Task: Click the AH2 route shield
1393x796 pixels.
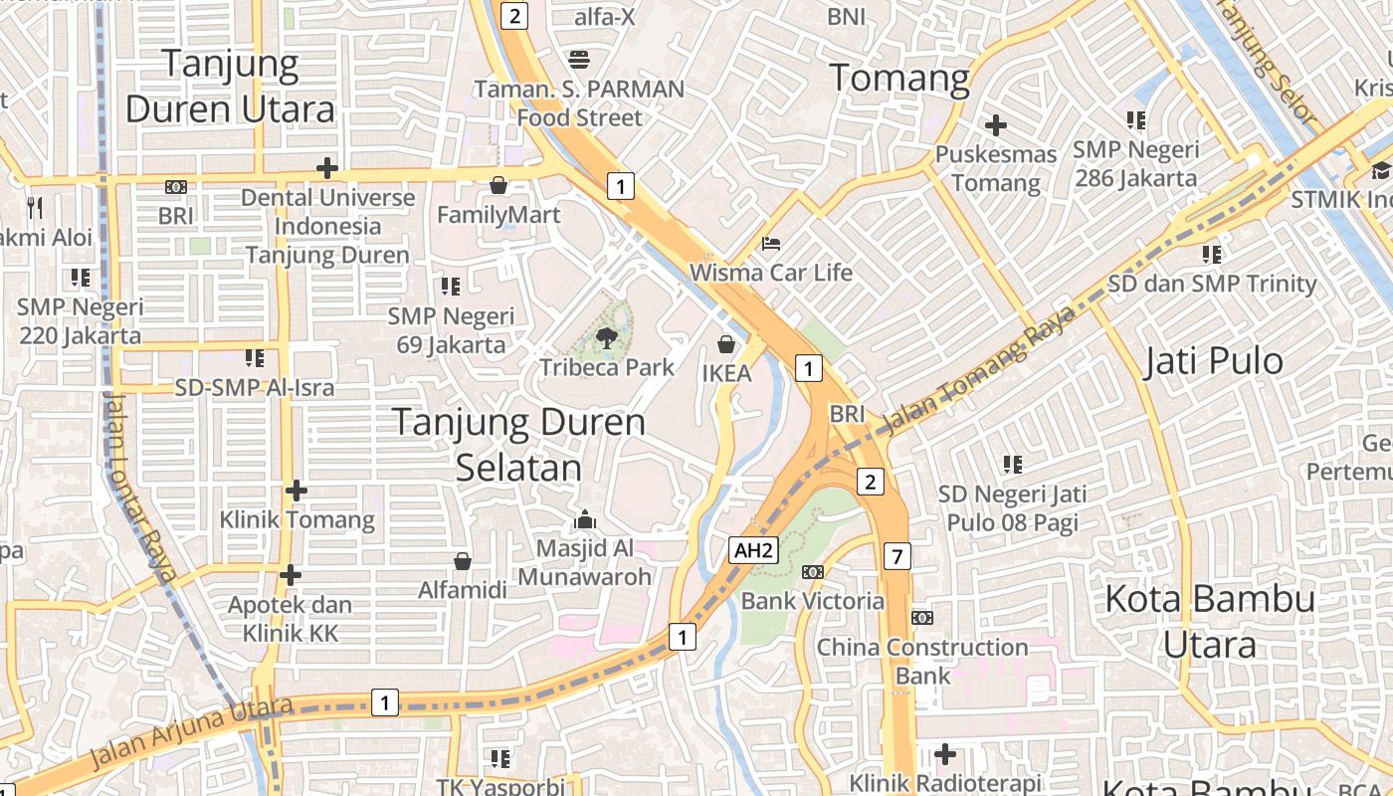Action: click(753, 550)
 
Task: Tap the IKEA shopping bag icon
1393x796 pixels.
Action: click(727, 344)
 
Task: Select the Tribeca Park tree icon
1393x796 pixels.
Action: click(606, 337)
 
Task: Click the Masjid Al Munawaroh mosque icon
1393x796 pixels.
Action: click(585, 519)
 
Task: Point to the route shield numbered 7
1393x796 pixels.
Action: click(896, 556)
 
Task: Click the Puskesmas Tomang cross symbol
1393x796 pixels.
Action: click(995, 125)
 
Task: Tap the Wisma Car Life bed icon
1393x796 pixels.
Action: click(771, 243)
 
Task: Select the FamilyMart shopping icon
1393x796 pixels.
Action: click(498, 185)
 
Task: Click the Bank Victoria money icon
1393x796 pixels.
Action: click(813, 571)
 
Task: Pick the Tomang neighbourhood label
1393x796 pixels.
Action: click(899, 78)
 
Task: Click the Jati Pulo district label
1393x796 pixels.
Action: click(1214, 361)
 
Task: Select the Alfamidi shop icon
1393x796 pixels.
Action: click(462, 561)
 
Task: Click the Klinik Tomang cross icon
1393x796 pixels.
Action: click(297, 491)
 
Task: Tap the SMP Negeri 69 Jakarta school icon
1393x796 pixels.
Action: click(451, 287)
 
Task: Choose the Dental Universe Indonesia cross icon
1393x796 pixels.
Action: click(327, 168)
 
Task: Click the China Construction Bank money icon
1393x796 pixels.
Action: click(922, 618)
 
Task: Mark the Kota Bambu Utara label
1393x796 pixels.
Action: click(1210, 621)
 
